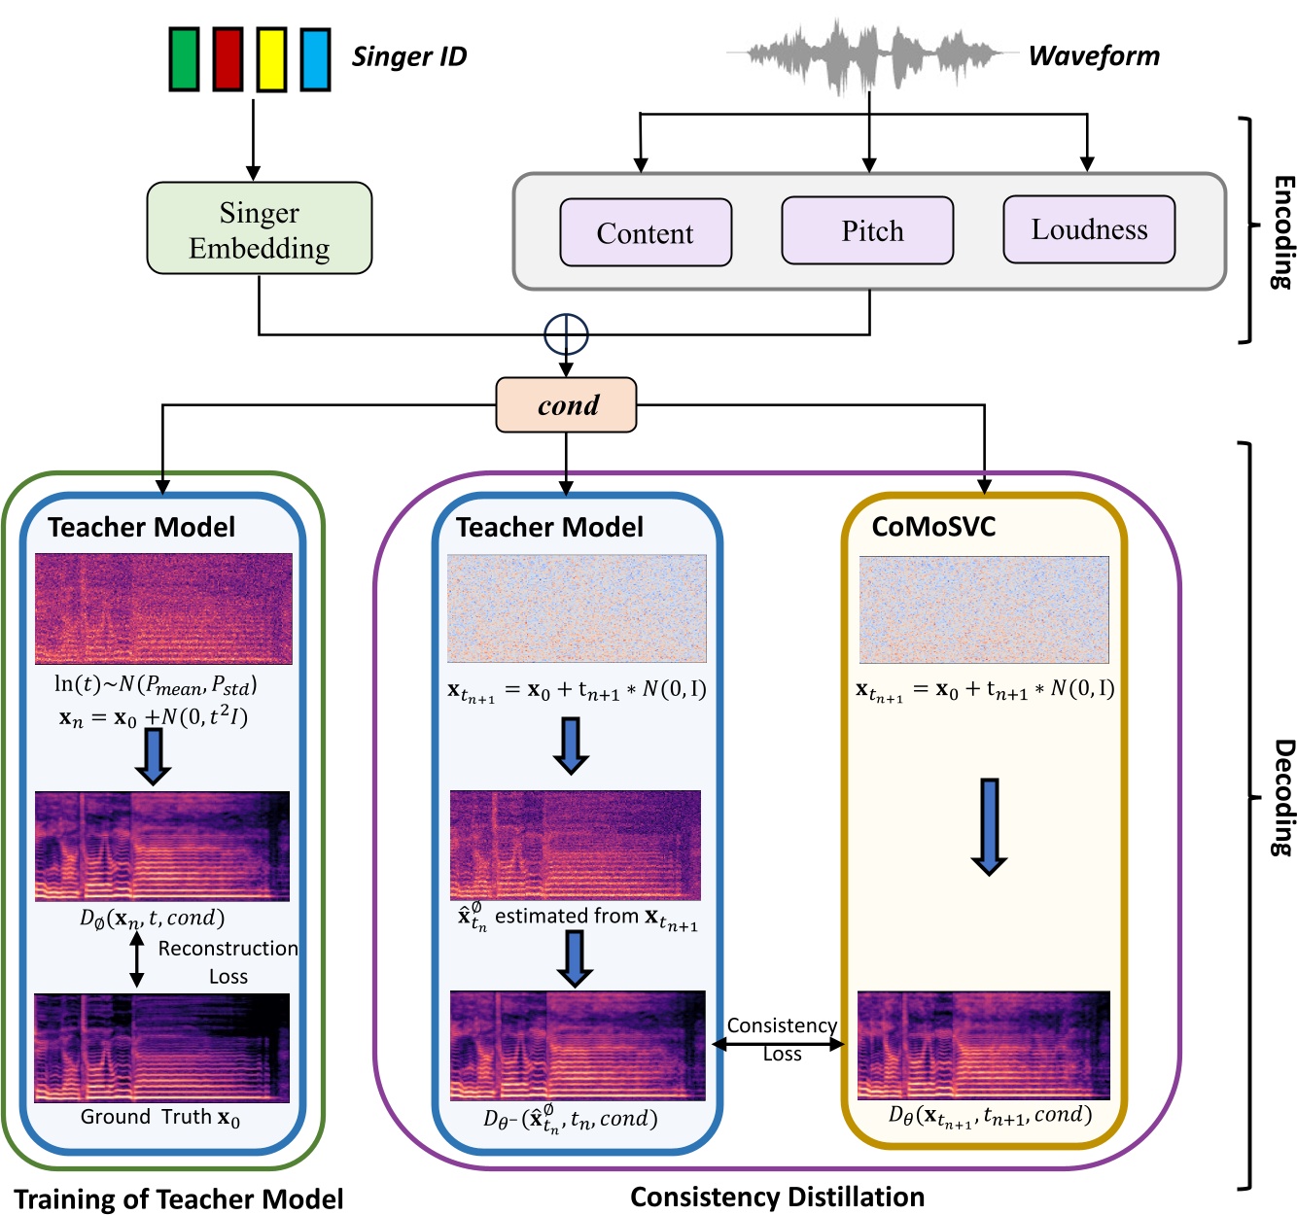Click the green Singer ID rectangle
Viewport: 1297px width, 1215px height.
pos(184,59)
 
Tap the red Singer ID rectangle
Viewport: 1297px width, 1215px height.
pos(228,59)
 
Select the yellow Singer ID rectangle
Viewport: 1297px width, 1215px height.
pos(271,59)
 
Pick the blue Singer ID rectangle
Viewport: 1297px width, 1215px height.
pos(315,59)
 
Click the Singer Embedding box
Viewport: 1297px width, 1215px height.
pos(259,228)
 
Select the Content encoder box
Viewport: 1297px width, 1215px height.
pos(646,233)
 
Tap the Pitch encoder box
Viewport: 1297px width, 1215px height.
pos(867,231)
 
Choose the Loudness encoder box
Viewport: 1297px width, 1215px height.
pos(1089,229)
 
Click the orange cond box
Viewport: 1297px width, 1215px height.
pos(566,405)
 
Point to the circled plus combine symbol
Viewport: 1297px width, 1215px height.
pos(566,335)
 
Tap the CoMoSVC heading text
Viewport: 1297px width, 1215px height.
pos(933,527)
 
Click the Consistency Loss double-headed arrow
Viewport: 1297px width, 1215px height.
pos(779,1044)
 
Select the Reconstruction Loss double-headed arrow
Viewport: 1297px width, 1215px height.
pos(137,959)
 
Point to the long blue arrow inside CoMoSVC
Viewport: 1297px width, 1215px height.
pos(989,826)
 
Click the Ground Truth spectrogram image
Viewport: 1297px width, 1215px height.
pos(162,1048)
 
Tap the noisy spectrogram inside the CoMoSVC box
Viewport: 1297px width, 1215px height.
pos(984,609)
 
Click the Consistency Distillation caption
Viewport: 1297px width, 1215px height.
pos(777,1197)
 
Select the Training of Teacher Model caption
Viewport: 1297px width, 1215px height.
pos(179,1199)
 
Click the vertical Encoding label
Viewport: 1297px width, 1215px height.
pos(1282,231)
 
